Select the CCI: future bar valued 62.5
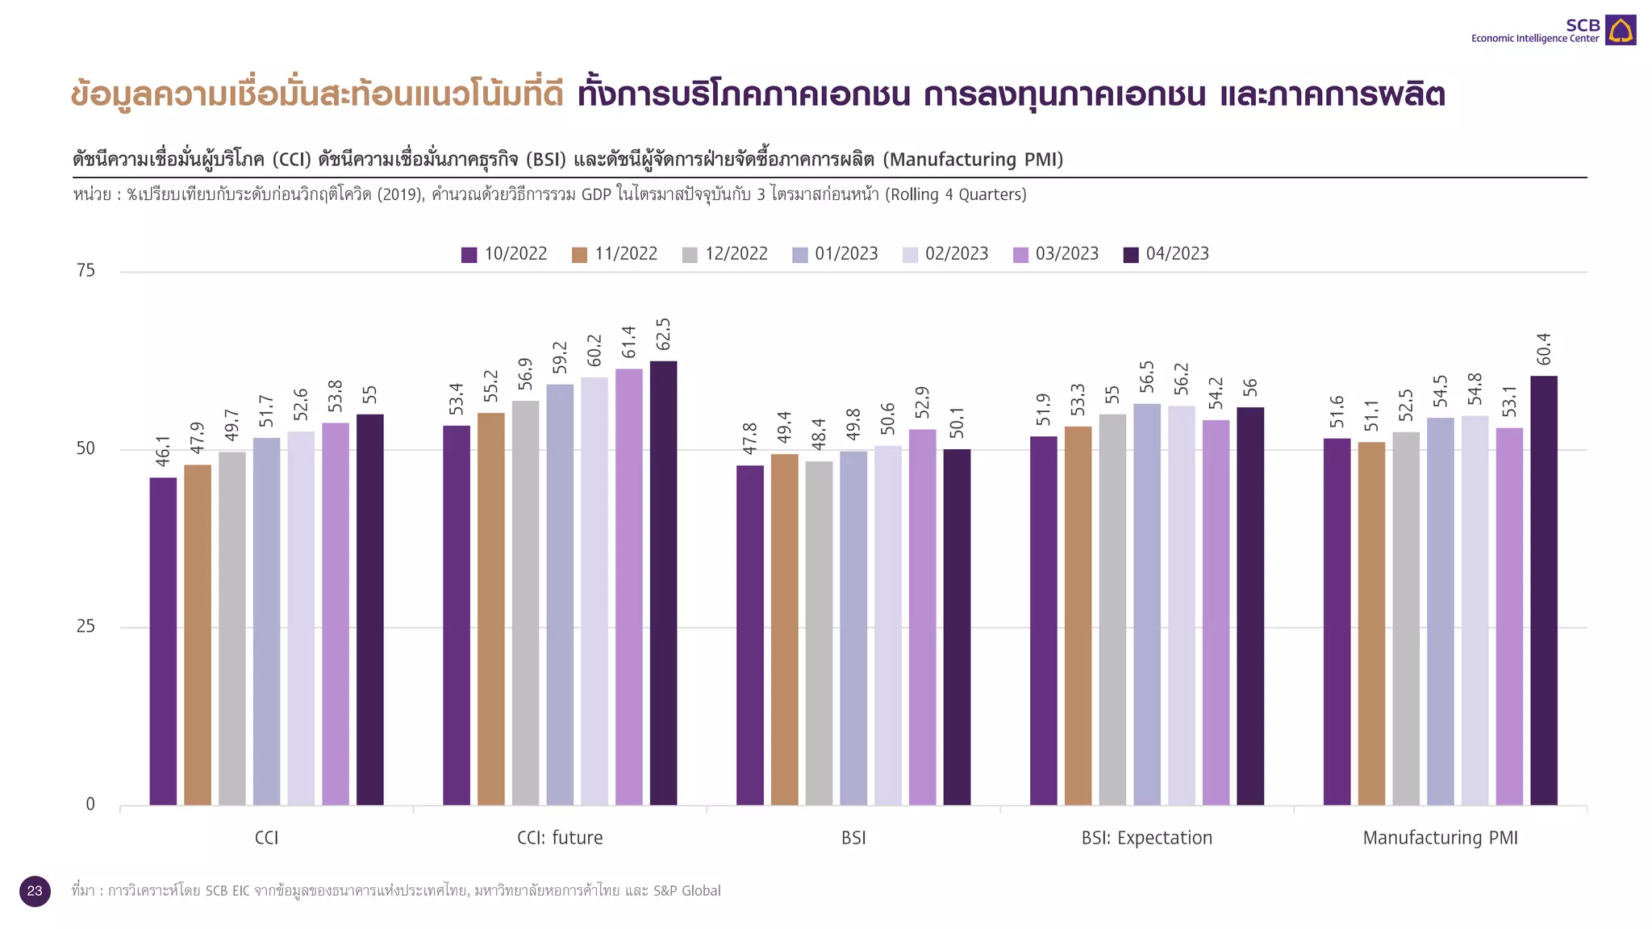(663, 582)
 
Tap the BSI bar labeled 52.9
(922, 617)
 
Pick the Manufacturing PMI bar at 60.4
(1543, 590)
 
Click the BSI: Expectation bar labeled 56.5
(1146, 604)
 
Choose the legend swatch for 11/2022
(579, 255)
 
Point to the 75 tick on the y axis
(86, 271)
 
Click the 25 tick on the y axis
(86, 627)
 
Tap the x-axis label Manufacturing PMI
(1440, 838)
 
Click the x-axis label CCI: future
(560, 838)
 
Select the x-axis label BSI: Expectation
(1146, 838)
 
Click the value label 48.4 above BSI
(819, 435)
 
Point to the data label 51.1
(1371, 416)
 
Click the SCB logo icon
(1620, 31)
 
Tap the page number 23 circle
(35, 891)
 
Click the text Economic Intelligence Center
(1534, 39)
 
